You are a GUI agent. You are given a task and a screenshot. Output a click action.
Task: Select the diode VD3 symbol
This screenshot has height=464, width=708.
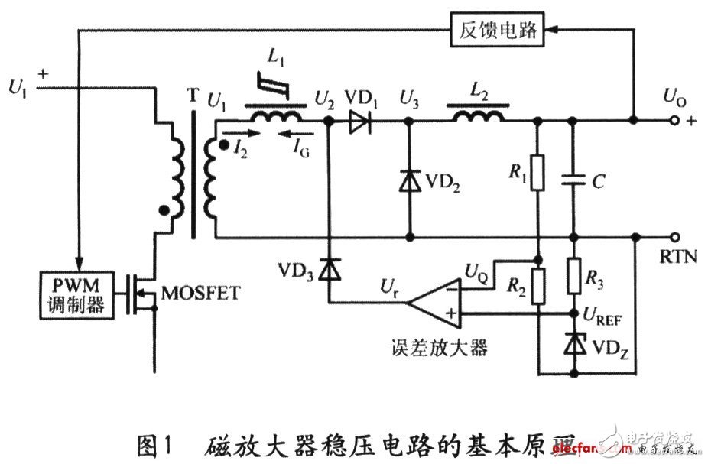pos(330,270)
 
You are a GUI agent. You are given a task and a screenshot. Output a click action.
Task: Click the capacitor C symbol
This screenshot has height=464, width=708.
pos(573,180)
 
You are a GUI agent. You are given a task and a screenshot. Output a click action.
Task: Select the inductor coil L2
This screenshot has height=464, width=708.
pos(479,116)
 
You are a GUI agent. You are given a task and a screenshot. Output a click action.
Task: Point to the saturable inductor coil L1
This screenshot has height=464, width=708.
pos(276,115)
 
